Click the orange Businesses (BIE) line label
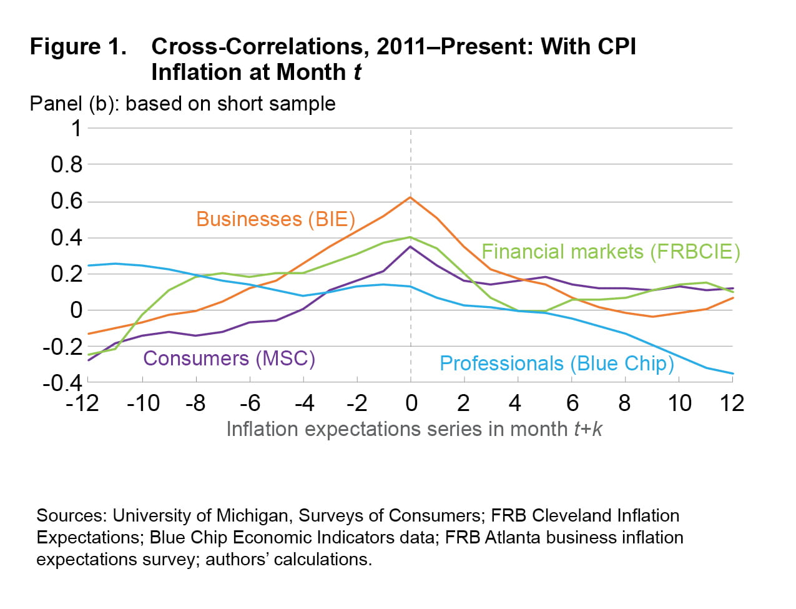click(x=275, y=219)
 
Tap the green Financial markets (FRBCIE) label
click(x=611, y=252)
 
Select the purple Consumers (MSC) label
click(x=229, y=359)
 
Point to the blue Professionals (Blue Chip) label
click(x=557, y=364)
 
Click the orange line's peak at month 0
click(x=410, y=197)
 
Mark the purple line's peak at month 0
click(x=410, y=247)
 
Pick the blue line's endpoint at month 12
click(x=732, y=374)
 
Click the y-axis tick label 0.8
click(x=67, y=165)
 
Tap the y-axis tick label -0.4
click(x=62, y=382)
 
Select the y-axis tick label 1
click(x=76, y=129)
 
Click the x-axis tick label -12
click(x=82, y=404)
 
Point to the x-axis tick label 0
click(x=411, y=404)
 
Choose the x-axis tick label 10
click(x=679, y=404)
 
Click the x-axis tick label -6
click(x=250, y=404)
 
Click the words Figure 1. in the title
click(x=78, y=47)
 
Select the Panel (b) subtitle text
click(x=182, y=104)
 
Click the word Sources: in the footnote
click(x=72, y=516)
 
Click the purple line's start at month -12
click(x=89, y=360)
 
